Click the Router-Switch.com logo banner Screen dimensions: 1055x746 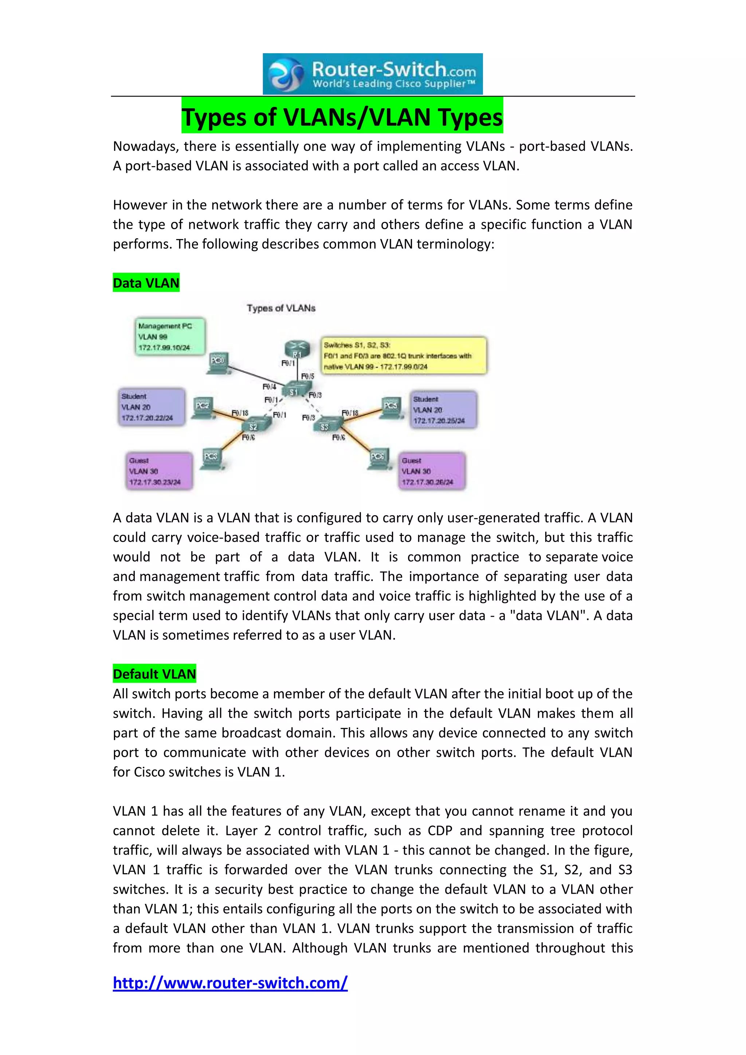pyautogui.click(x=373, y=74)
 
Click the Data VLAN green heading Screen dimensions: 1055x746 pyautogui.click(x=146, y=283)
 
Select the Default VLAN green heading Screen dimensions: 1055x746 pyautogui.click(x=154, y=674)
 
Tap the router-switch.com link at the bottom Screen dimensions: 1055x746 pyautogui.click(x=230, y=983)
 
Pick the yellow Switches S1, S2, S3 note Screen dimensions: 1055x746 pyautogui.click(x=404, y=356)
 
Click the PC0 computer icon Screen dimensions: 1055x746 pyautogui.click(x=218, y=362)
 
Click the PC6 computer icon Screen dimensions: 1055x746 pyautogui.click(x=378, y=459)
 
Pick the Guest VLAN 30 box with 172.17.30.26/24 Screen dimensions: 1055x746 pyautogui.click(x=432, y=471)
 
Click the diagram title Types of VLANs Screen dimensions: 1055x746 pyautogui.click(x=281, y=308)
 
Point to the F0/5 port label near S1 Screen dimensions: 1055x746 pyautogui.click(x=307, y=376)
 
